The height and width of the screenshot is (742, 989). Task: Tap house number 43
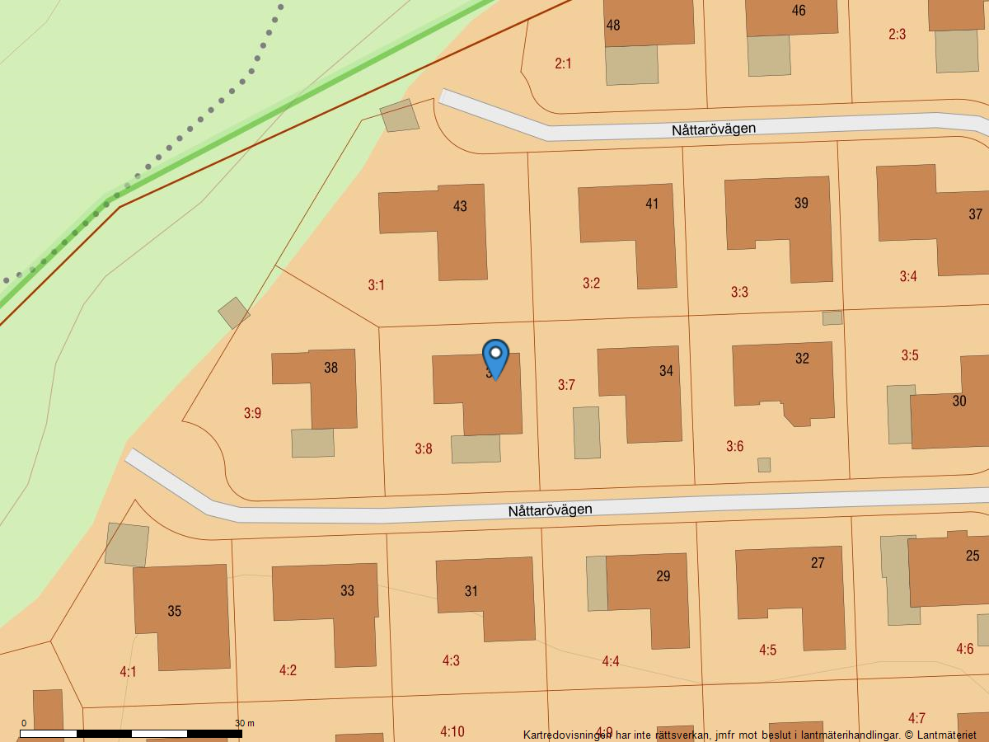pyautogui.click(x=460, y=206)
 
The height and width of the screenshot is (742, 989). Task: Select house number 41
pyautogui.click(x=652, y=204)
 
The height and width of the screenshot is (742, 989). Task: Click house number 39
pyautogui.click(x=801, y=203)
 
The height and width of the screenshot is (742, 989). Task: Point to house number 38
pyautogui.click(x=330, y=368)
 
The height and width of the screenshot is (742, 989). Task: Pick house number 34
pyautogui.click(x=666, y=371)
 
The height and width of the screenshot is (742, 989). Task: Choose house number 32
pyautogui.click(x=802, y=359)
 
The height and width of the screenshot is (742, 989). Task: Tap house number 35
pyautogui.click(x=175, y=611)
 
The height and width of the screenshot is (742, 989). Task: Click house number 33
pyautogui.click(x=347, y=590)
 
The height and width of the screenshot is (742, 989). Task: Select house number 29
pyautogui.click(x=663, y=576)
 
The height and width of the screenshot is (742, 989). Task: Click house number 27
pyautogui.click(x=818, y=563)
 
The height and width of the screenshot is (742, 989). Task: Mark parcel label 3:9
pyautogui.click(x=252, y=413)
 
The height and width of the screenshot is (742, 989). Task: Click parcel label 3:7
pyautogui.click(x=566, y=385)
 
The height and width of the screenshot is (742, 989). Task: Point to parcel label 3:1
pyautogui.click(x=376, y=285)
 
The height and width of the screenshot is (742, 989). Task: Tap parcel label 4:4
pyautogui.click(x=610, y=661)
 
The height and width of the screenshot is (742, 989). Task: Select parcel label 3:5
pyautogui.click(x=909, y=355)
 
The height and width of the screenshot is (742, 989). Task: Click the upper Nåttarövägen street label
pyautogui.click(x=713, y=129)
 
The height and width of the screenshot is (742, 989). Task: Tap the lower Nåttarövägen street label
pyautogui.click(x=550, y=510)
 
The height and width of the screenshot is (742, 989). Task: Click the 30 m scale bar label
pyautogui.click(x=244, y=723)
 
